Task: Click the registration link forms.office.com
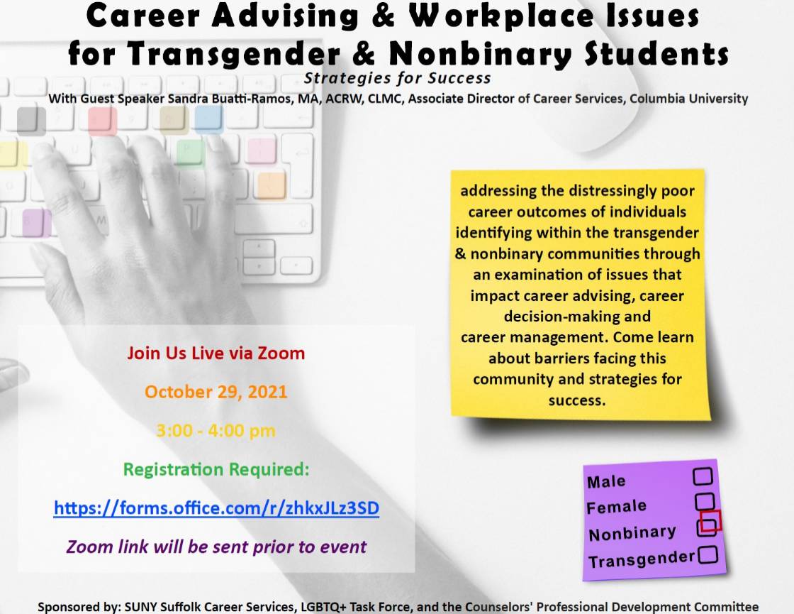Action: pyautogui.click(x=216, y=508)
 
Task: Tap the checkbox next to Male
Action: pyautogui.click(x=703, y=476)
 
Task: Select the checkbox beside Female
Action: pyautogui.click(x=705, y=501)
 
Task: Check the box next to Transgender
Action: pyautogui.click(x=708, y=554)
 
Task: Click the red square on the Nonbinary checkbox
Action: pyautogui.click(x=710, y=521)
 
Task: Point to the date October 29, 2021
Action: pyautogui.click(x=216, y=392)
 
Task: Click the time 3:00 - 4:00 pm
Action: pyautogui.click(x=216, y=431)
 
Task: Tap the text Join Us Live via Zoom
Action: pyautogui.click(x=216, y=353)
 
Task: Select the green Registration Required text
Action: pyautogui.click(x=216, y=469)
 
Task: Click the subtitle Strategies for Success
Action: pyautogui.click(x=398, y=78)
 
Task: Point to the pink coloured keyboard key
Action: pyautogui.click(x=262, y=150)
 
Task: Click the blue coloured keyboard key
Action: pyautogui.click(x=208, y=119)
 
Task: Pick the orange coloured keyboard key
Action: pyautogui.click(x=271, y=185)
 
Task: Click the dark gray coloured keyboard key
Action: pyautogui.click(x=31, y=121)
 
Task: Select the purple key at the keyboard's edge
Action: pyautogui.click(x=36, y=223)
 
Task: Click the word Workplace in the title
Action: pyautogui.click(x=501, y=16)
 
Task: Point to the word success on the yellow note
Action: pyautogui.click(x=577, y=400)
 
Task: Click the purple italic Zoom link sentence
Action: pyautogui.click(x=216, y=547)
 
